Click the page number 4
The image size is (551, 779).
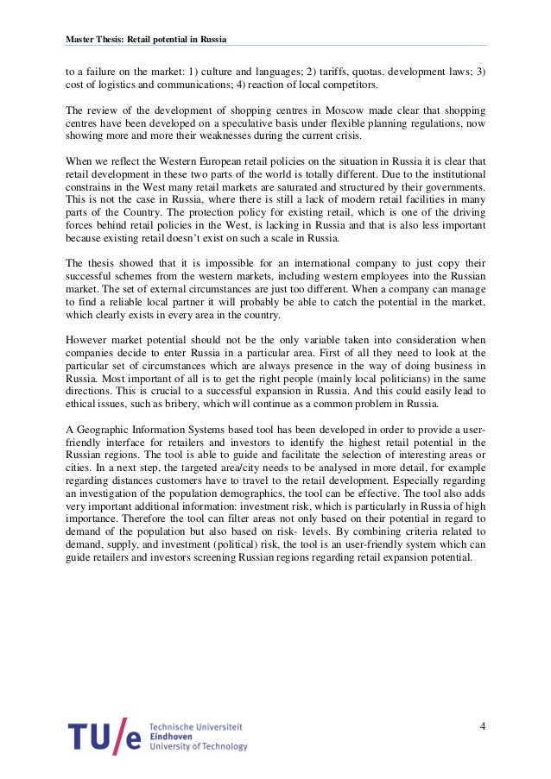[x=482, y=726]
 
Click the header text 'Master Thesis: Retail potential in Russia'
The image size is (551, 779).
[x=146, y=39]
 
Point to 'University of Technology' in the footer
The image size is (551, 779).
[x=198, y=747]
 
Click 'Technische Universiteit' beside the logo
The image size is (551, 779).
[x=195, y=726]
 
